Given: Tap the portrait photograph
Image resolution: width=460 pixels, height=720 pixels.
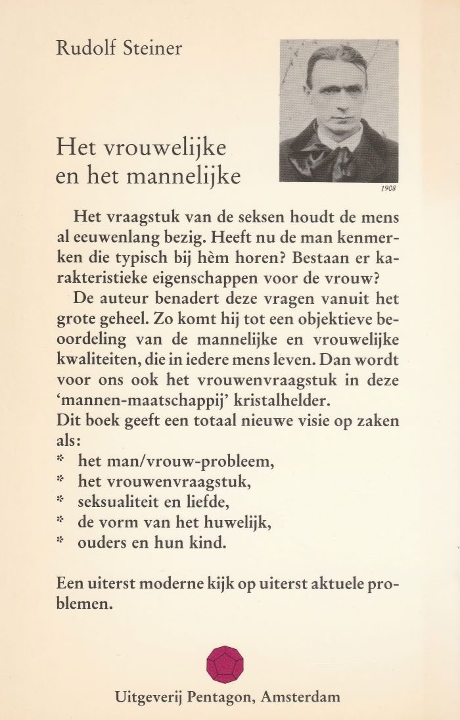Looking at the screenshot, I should (338, 110).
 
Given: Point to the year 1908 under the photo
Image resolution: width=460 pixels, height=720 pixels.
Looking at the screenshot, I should (389, 189).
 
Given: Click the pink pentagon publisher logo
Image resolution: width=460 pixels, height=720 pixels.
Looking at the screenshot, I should (225, 664).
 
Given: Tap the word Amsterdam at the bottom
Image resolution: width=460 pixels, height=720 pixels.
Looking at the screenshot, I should (301, 698).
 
